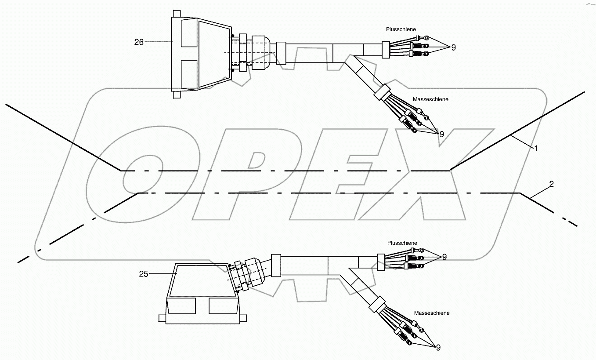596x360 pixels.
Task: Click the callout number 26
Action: click(x=139, y=42)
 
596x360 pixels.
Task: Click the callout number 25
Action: click(x=143, y=274)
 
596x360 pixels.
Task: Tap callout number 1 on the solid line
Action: click(x=535, y=148)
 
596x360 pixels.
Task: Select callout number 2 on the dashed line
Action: click(x=551, y=184)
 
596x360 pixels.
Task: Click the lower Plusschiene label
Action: click(x=402, y=243)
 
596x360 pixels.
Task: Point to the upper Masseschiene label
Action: click(x=430, y=99)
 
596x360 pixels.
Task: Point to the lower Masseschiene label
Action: click(x=431, y=313)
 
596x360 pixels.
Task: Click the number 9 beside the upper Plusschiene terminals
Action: click(x=453, y=47)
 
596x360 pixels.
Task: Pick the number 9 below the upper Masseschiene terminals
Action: click(x=441, y=134)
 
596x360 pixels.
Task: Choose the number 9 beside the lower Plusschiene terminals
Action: click(x=444, y=257)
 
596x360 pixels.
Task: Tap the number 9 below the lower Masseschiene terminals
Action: click(x=438, y=347)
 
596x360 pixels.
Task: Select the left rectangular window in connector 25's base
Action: click(x=181, y=305)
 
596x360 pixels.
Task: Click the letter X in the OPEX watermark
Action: click(x=435, y=176)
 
